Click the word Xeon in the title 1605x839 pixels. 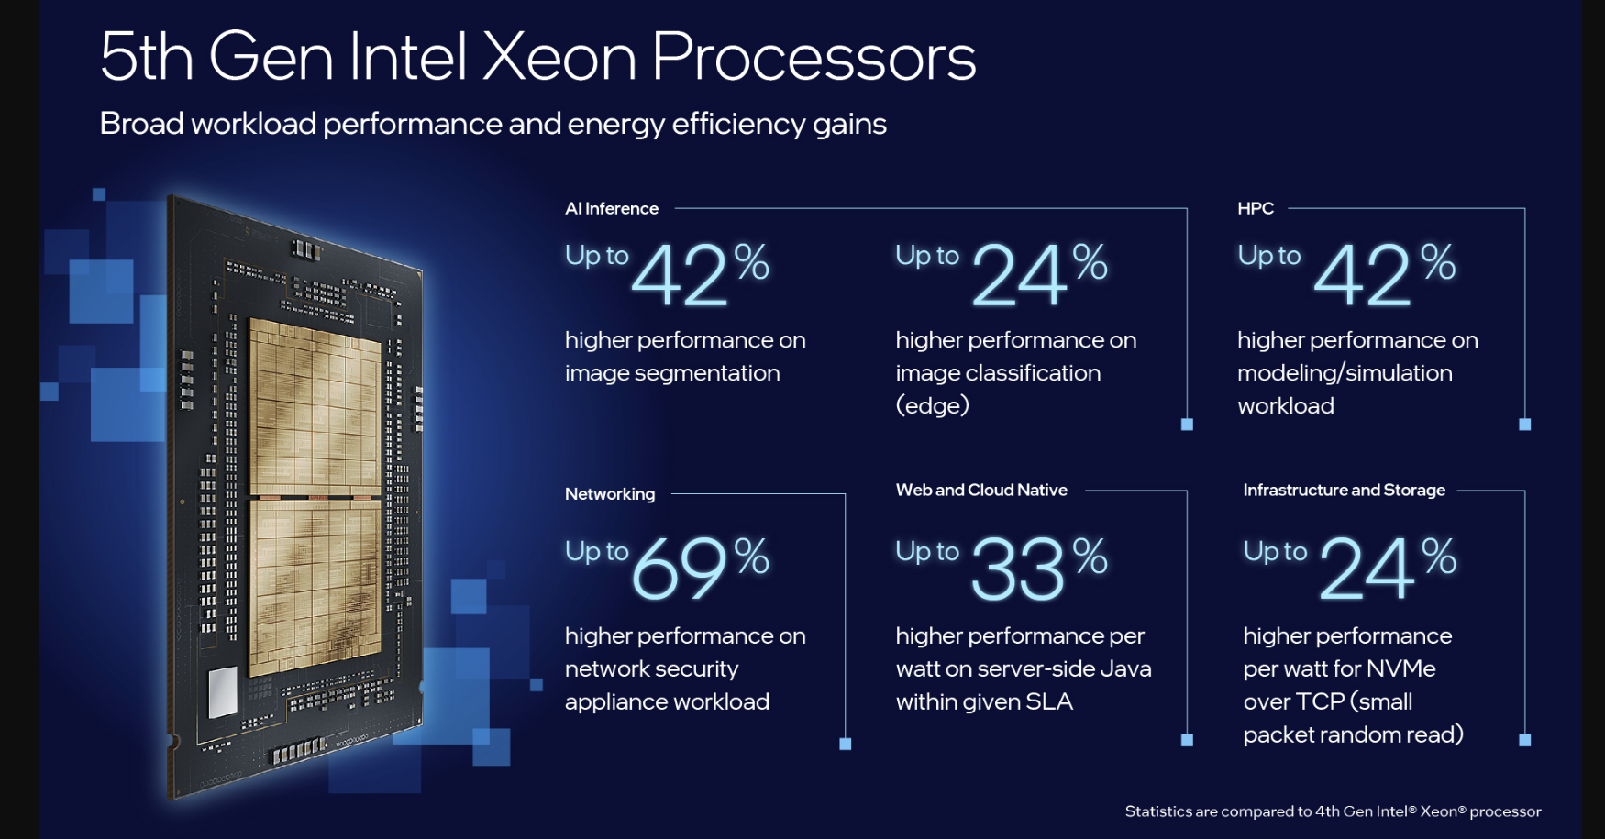559,57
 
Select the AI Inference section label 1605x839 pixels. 612,209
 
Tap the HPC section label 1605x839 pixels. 1256,209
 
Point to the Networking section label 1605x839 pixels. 610,494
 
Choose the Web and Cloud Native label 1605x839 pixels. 981,491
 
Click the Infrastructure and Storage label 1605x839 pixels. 1344,491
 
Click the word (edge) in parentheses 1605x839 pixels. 932,405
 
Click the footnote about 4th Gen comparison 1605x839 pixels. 1333,811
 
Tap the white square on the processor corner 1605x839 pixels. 223,692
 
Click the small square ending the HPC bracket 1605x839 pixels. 1524,425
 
